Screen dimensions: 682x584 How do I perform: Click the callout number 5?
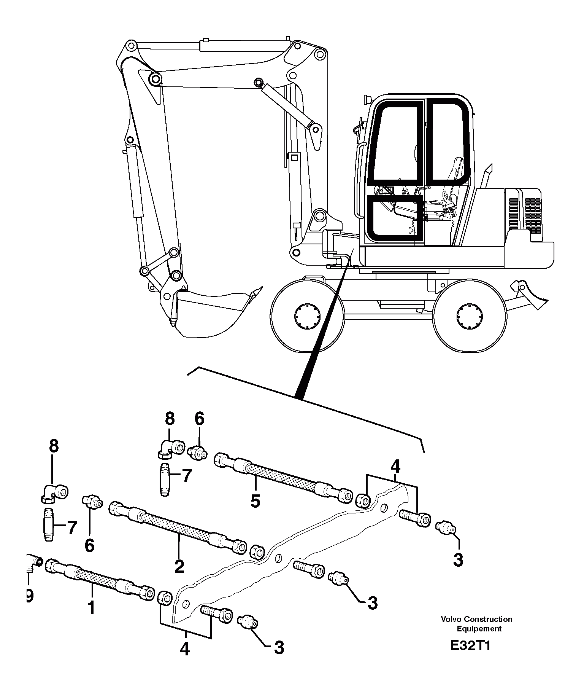(255, 501)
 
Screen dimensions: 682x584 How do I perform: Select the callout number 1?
(91, 608)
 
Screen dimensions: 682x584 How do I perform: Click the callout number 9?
(29, 596)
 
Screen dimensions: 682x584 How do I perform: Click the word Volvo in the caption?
(451, 619)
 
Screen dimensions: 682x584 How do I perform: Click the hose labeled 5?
(281, 476)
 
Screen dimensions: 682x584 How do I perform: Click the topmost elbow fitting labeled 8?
(170, 447)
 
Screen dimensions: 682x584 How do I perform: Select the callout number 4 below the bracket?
(185, 649)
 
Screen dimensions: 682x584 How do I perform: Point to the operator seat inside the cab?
(454, 183)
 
